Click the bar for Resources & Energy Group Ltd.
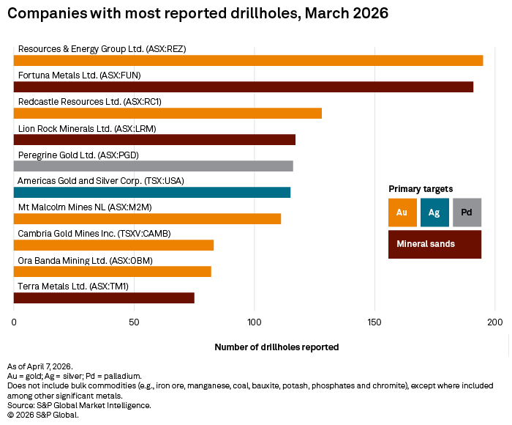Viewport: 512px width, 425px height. [x=248, y=61]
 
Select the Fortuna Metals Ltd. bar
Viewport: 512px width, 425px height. [x=244, y=87]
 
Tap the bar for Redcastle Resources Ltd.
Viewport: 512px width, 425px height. [x=167, y=114]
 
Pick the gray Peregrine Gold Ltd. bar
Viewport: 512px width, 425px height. [x=153, y=166]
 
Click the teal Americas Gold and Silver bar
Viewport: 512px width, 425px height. [x=152, y=192]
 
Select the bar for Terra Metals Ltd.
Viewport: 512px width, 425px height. [x=104, y=297]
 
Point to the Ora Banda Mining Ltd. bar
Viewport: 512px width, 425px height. [x=112, y=271]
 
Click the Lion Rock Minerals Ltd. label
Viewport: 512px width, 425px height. [x=87, y=128]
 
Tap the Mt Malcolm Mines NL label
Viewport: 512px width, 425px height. [x=85, y=207]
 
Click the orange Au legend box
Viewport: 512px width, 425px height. [x=402, y=212]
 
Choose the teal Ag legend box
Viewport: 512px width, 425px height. [x=434, y=212]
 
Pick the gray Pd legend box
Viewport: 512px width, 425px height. [x=467, y=212]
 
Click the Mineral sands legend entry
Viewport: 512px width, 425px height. [x=434, y=244]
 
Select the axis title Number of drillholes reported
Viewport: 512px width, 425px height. [x=276, y=347]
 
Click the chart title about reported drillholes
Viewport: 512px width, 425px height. [x=198, y=13]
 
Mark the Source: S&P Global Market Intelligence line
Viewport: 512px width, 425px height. [x=79, y=404]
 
